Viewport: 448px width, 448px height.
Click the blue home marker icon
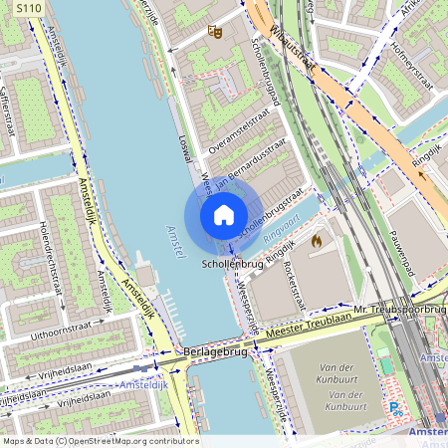click(224, 215)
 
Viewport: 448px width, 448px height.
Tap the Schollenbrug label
click(232, 265)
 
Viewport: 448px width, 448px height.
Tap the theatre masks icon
click(213, 32)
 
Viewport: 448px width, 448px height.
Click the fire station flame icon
click(318, 240)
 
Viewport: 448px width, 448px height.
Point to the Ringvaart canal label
click(282, 226)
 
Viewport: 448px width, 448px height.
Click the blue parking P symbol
click(395, 407)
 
